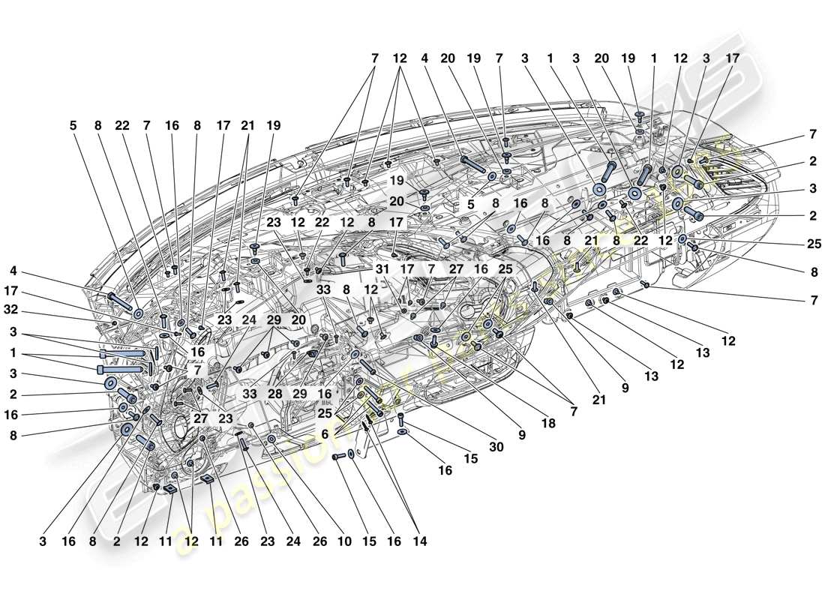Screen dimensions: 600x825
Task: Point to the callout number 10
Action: point(344,540)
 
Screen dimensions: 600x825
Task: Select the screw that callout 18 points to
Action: point(434,338)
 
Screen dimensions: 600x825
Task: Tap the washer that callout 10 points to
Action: point(271,439)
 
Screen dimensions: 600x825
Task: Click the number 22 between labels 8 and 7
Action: point(123,127)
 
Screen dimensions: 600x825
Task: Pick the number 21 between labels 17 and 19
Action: point(247,127)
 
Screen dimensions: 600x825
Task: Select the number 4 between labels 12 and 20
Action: point(424,58)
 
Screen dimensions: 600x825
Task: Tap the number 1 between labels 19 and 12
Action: point(653,58)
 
